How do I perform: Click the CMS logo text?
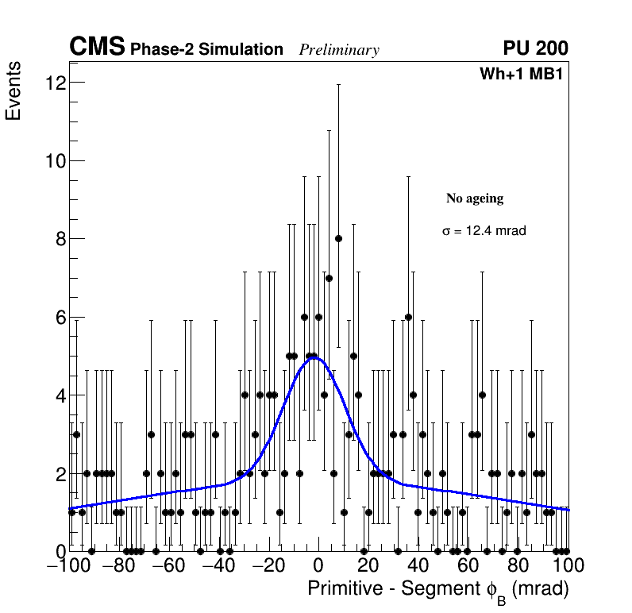tap(97, 48)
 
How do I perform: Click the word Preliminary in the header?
tap(339, 50)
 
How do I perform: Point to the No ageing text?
tap(475, 199)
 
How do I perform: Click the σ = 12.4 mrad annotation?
tap(484, 231)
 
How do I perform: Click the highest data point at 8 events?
tap(338, 238)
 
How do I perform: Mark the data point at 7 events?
tap(329, 278)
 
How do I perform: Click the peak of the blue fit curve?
tap(314, 357)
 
